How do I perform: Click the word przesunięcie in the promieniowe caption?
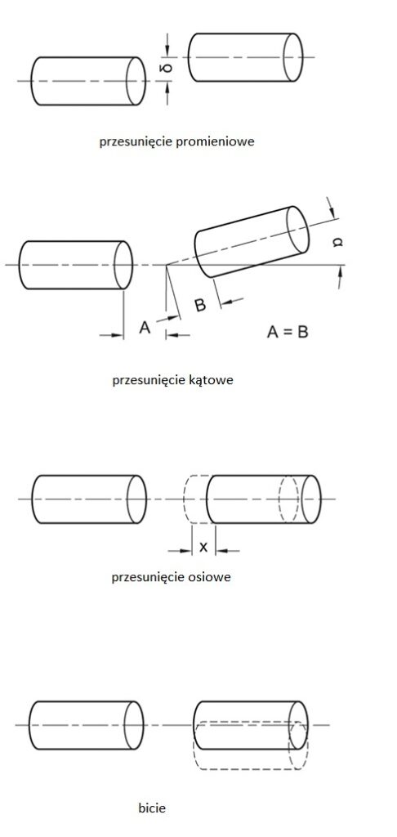[134, 142]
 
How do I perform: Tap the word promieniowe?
[213, 142]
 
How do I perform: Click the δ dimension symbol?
[167, 69]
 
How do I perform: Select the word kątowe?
[212, 381]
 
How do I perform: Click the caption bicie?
[152, 808]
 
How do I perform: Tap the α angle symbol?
[337, 242]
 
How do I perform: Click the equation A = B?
[288, 332]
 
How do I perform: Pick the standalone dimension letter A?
[145, 327]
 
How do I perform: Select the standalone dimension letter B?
[201, 306]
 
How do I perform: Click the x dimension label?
[203, 547]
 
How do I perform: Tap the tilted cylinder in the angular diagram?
[252, 242]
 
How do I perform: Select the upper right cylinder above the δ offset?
[245, 58]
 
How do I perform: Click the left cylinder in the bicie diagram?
[86, 725]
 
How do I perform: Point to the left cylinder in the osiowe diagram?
[89, 499]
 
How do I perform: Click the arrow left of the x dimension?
[180, 550]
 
